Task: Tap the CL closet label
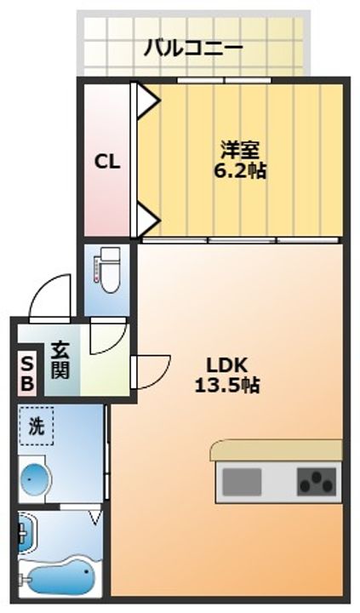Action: [x=106, y=160]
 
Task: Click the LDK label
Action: [x=226, y=364]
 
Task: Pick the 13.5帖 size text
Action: [x=226, y=385]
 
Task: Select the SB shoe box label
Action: [x=26, y=373]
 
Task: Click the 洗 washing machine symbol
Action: [x=37, y=426]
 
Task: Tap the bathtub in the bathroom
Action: [x=61, y=576]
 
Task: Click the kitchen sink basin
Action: [x=242, y=482]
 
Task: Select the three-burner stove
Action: [x=317, y=482]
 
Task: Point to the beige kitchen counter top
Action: [x=276, y=450]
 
